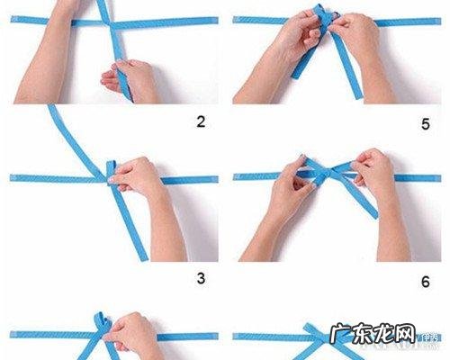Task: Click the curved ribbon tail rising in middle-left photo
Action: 67,135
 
